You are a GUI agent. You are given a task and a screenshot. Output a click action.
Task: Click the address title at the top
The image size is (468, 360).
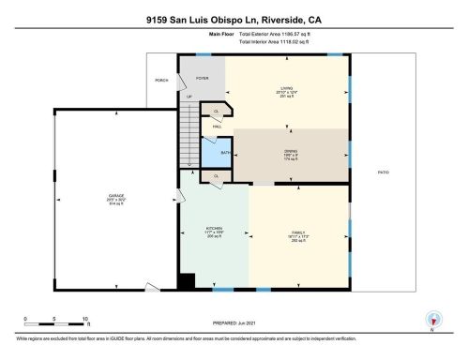234,18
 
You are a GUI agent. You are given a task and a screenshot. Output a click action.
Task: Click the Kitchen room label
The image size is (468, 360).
215,232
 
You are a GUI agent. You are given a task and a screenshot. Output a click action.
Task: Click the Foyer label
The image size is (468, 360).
202,79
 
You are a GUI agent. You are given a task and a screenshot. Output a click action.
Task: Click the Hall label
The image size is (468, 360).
217,126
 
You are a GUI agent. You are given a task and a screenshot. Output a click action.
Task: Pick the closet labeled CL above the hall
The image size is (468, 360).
217,111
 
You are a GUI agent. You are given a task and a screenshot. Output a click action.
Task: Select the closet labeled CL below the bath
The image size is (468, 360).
216,175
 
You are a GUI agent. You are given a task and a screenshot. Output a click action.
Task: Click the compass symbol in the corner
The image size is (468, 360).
431,319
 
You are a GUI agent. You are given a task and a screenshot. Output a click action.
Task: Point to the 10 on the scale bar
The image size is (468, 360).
85,319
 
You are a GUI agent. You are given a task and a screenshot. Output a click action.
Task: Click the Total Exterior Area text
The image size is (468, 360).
279,34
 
